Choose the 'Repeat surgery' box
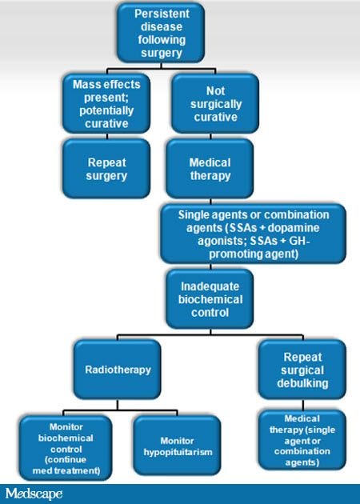pos(107,167)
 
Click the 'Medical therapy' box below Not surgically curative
pos(210,167)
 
